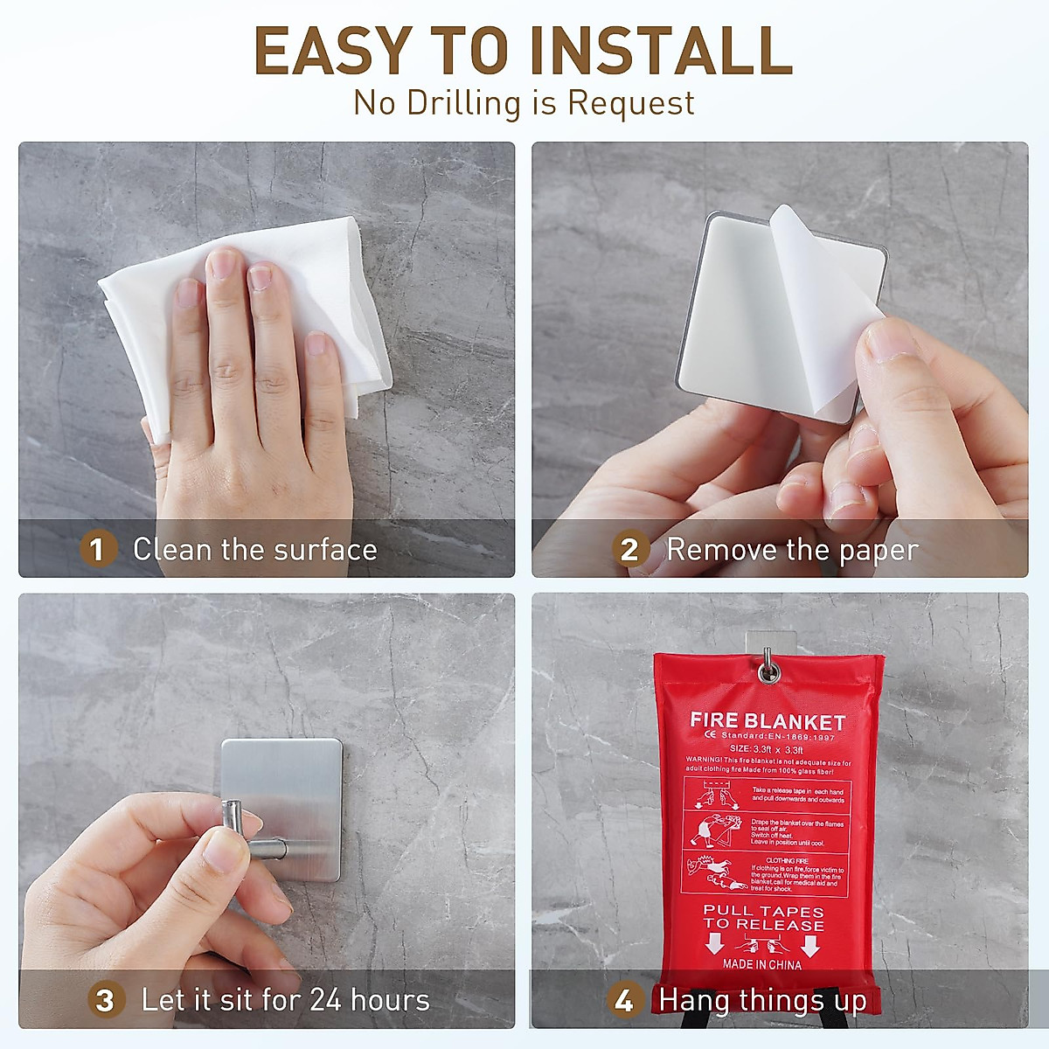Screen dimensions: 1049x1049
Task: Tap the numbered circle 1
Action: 97,549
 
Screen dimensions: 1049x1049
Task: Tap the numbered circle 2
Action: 629,550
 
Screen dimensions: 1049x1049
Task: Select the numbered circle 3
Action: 105,1000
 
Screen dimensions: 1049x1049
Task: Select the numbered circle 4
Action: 623,1000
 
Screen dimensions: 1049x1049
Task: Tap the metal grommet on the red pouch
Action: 769,671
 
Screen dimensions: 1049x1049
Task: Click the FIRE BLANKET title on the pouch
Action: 768,722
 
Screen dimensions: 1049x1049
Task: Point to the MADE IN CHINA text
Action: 761,964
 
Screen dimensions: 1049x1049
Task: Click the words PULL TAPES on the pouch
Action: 763,911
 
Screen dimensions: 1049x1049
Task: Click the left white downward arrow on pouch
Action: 715,944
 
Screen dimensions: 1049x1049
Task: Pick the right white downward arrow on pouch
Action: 809,944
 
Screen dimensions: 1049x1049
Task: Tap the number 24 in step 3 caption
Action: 325,1000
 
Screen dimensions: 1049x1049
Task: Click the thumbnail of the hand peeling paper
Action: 780,358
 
